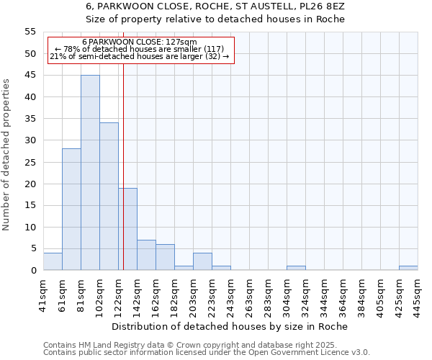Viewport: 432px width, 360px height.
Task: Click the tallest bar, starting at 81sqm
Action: tap(90, 173)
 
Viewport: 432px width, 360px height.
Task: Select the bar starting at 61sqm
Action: tap(71, 210)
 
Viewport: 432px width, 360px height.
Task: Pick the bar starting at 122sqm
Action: tap(128, 229)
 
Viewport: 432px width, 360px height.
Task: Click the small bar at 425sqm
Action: tap(408, 268)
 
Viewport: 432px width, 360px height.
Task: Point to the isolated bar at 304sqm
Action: tap(296, 268)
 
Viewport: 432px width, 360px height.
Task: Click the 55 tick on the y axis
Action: tap(30, 32)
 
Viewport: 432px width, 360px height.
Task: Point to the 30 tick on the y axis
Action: tap(30, 140)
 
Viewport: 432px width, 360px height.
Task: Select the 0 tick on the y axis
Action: tap(33, 271)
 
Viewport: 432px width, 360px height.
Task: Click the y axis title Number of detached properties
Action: tap(7, 156)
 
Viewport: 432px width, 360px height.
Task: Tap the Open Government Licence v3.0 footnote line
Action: tap(207, 353)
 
